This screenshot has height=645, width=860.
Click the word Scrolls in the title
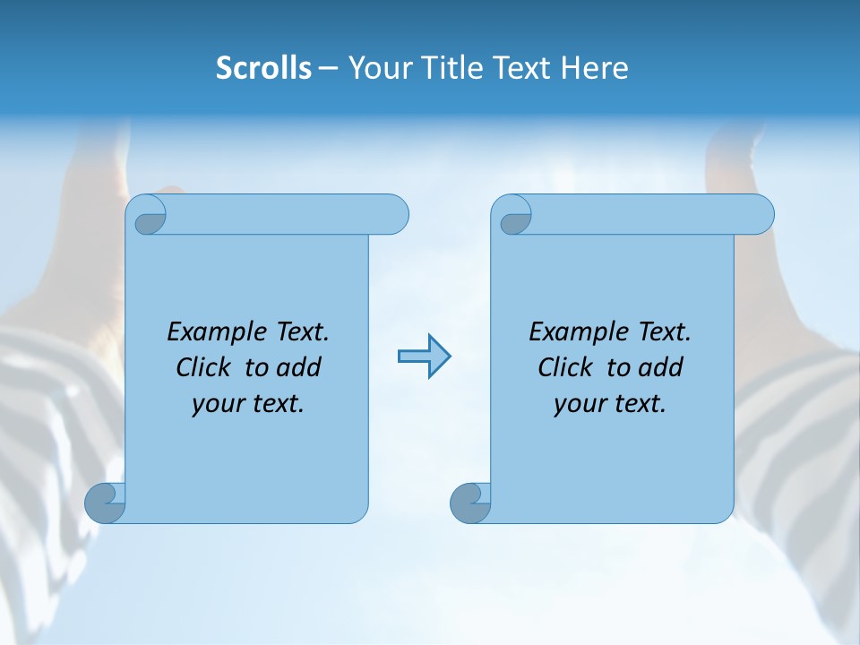pos(263,68)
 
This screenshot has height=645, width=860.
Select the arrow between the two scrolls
pos(424,357)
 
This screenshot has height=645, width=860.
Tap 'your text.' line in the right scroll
pos(610,404)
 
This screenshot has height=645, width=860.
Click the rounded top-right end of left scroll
pos(394,214)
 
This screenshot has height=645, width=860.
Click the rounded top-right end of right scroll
pos(760,214)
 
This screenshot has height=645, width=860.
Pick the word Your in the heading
pos(379,68)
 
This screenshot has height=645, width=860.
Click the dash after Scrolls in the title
pos(328,68)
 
